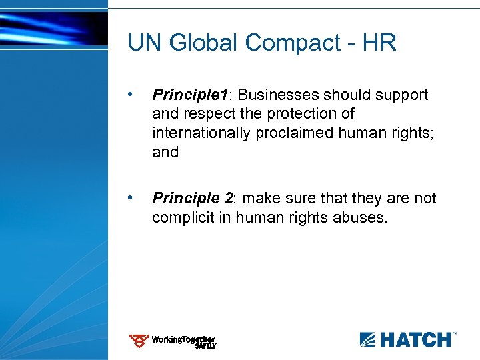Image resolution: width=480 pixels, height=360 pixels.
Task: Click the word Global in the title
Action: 204,43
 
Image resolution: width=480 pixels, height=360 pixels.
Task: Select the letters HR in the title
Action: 379,43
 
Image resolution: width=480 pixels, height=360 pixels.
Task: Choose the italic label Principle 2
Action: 193,198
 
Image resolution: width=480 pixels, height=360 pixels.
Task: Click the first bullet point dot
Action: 135,95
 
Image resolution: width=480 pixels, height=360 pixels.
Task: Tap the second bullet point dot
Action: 135,198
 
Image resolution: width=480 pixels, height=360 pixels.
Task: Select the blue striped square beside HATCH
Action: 368,340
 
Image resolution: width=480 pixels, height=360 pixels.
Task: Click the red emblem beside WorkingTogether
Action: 139,341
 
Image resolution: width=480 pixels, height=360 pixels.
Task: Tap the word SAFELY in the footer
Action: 205,346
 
